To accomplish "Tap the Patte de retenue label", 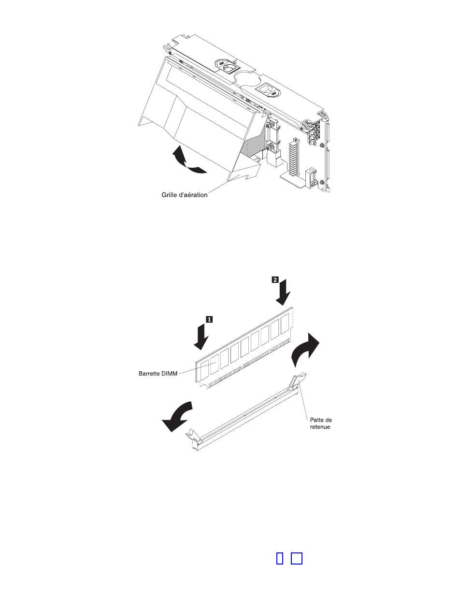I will (321, 424).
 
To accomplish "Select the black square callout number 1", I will (209, 319).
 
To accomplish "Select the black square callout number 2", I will (275, 279).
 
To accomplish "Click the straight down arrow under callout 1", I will (202, 337).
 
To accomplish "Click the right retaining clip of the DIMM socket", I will (296, 383).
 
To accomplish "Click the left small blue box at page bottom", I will (279, 558).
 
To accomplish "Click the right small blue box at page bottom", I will (297, 558).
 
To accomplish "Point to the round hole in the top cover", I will (248, 77).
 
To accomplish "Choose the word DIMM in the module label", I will (168, 373).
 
